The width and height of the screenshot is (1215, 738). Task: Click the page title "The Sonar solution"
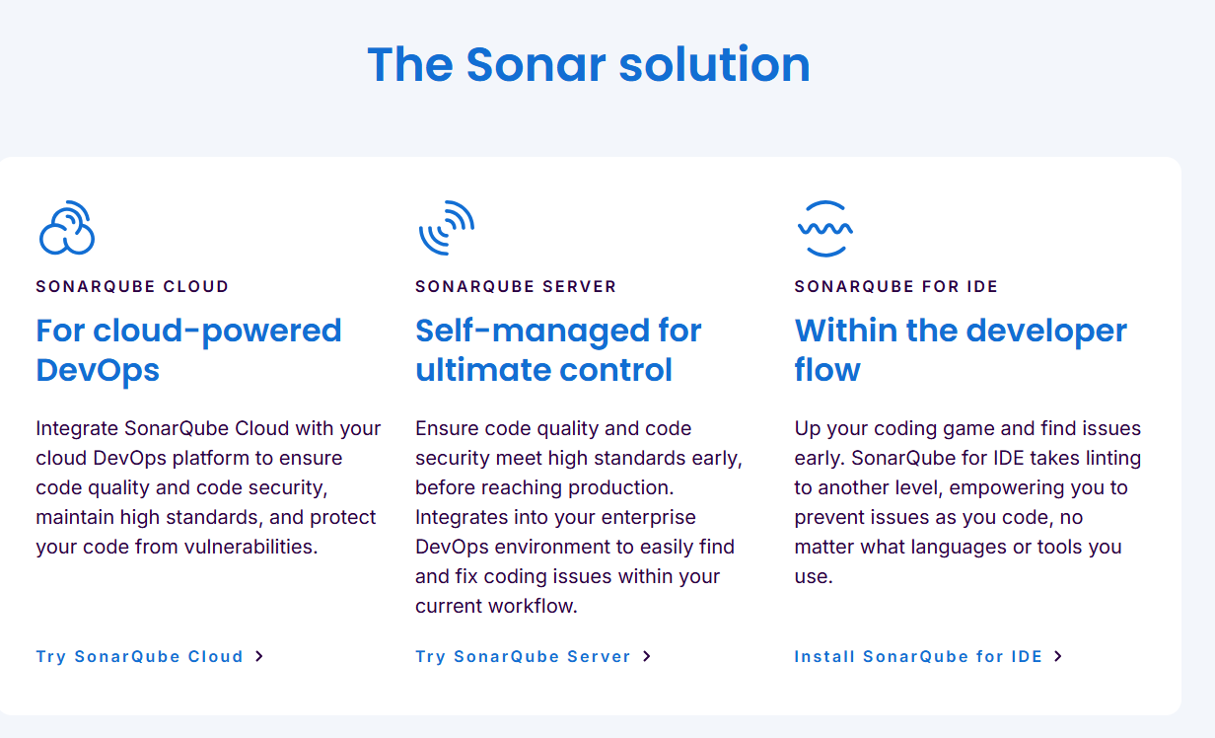click(589, 64)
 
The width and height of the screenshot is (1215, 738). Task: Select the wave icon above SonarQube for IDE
click(825, 229)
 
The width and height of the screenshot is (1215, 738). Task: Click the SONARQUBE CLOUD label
click(132, 286)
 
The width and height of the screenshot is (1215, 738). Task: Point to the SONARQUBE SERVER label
click(516, 286)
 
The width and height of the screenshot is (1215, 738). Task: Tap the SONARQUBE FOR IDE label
click(896, 286)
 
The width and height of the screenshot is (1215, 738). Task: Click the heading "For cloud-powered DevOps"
click(188, 350)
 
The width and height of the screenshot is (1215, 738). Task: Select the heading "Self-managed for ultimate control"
click(558, 350)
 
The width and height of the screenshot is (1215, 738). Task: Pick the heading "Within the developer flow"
click(961, 350)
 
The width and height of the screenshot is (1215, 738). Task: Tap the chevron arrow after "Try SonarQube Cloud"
click(259, 657)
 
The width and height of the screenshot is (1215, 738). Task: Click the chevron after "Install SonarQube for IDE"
click(1058, 657)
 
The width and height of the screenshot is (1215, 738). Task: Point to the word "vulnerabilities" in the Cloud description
click(250, 547)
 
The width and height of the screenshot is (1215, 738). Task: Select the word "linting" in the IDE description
click(1113, 459)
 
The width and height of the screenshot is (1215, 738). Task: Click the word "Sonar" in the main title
click(536, 64)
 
